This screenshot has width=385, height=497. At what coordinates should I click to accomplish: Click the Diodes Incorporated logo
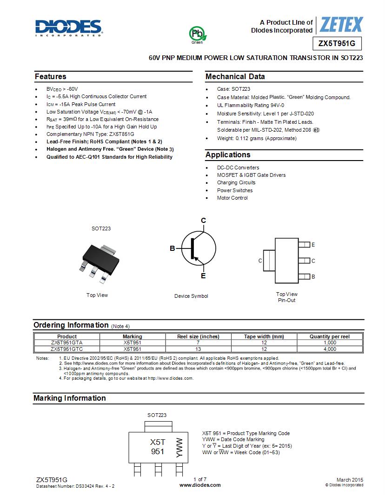click(68, 27)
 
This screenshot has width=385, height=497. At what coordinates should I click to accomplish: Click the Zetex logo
click(341, 25)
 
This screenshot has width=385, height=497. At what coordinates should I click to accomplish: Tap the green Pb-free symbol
click(197, 34)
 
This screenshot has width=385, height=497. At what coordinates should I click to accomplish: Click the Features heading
click(51, 77)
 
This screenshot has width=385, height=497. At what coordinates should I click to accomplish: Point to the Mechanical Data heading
click(235, 77)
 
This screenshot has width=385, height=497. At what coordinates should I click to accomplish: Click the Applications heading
click(228, 155)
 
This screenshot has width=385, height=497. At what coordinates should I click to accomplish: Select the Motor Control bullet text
click(232, 198)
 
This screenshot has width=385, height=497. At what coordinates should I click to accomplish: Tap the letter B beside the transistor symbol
click(172, 248)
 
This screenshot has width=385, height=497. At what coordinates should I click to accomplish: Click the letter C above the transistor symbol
click(203, 220)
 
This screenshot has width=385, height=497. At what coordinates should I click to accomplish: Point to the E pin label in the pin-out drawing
click(313, 245)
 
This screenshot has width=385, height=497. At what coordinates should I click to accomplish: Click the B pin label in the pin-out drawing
click(313, 276)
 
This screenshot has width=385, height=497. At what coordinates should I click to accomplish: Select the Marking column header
click(132, 336)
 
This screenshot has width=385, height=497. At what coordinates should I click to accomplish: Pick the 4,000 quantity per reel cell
click(330, 349)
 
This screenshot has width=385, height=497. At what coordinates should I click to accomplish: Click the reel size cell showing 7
click(198, 343)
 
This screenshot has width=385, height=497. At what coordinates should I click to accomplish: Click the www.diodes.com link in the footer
click(200, 485)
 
